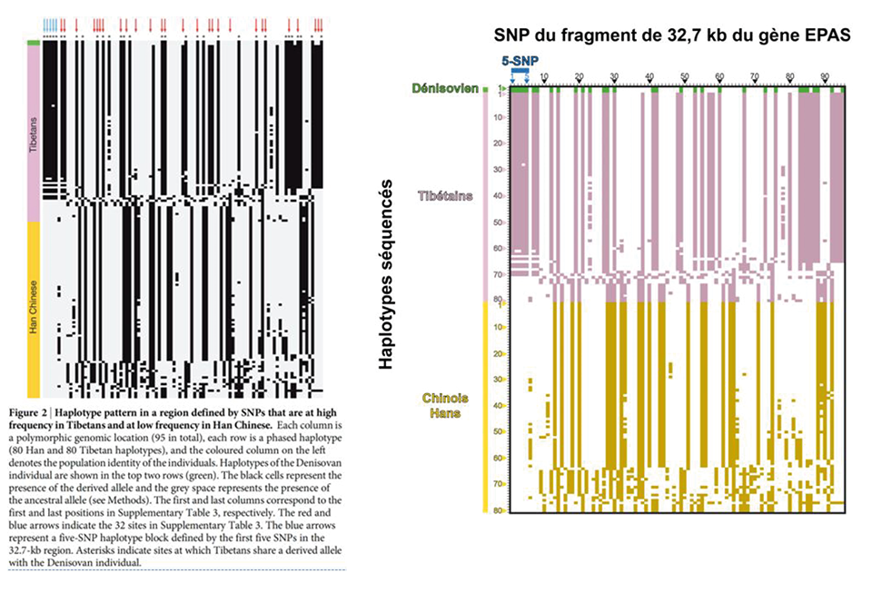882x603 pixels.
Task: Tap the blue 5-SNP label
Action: pyautogui.click(x=519, y=61)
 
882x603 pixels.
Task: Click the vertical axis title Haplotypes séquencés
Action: pyautogui.click(x=387, y=273)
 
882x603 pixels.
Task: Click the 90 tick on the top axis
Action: pyautogui.click(x=824, y=76)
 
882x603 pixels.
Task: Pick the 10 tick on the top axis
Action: pyautogui.click(x=543, y=76)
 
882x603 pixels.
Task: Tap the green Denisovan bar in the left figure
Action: pyautogui.click(x=34, y=43)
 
